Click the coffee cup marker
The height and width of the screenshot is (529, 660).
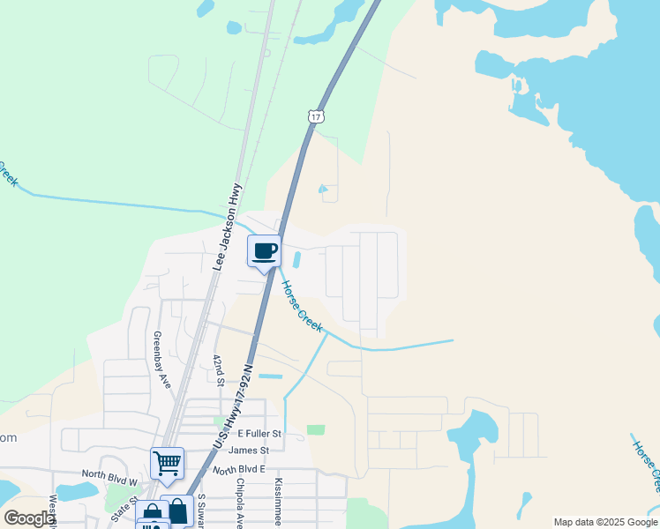pos(265,252)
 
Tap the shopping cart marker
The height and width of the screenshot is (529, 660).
pos(167,462)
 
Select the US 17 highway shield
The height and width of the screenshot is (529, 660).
pos(317,115)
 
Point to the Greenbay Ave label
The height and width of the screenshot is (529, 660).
pos(161,360)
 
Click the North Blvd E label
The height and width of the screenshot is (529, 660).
pos(238,469)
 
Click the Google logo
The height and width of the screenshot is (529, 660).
pos(29,518)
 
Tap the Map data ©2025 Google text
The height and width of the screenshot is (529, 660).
pos(604,522)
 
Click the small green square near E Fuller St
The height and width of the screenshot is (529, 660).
pos(316,429)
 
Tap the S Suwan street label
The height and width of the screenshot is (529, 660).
pos(201,510)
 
